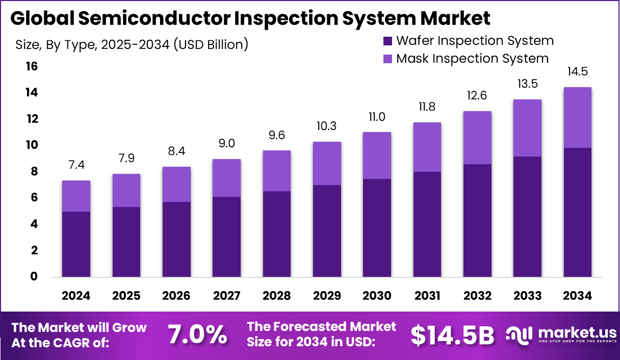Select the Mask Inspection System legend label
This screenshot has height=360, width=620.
pyautogui.click(x=472, y=58)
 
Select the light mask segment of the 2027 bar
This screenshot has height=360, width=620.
pyautogui.click(x=226, y=178)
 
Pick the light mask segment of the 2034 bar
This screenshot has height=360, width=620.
pyautogui.click(x=577, y=117)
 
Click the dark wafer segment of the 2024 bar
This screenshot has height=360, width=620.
pyautogui.click(x=76, y=244)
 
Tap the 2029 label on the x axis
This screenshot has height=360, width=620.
pyautogui.click(x=327, y=296)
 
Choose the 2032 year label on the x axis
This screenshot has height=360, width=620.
pyautogui.click(x=477, y=296)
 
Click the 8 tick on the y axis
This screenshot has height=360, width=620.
pyautogui.click(x=34, y=172)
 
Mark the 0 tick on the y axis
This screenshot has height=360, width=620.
pyautogui.click(x=34, y=277)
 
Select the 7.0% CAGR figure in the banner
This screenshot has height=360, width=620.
pyautogui.click(x=198, y=335)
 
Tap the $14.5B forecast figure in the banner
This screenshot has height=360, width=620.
pyautogui.click(x=452, y=335)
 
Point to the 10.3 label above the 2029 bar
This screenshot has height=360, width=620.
pyautogui.click(x=327, y=126)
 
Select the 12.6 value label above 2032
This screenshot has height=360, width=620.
pyautogui.click(x=477, y=95)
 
